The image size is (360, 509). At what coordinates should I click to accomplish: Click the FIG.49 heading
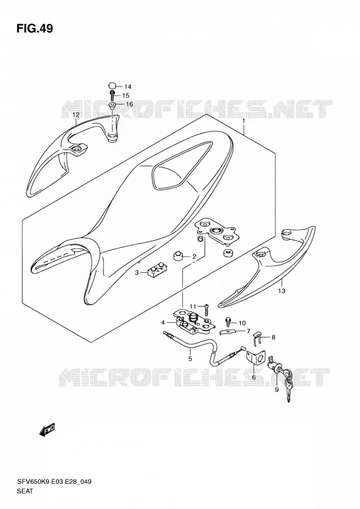(x=34, y=29)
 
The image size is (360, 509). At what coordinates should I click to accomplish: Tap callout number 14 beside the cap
(x=127, y=86)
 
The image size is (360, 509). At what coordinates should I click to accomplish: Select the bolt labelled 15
(x=112, y=95)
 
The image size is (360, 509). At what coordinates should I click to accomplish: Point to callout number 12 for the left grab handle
(x=76, y=115)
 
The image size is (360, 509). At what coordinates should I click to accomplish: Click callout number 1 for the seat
(x=243, y=122)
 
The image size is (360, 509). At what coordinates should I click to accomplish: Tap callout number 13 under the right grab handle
(x=281, y=291)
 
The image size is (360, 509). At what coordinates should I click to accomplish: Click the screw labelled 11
(x=206, y=309)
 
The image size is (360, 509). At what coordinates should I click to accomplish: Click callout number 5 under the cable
(x=190, y=358)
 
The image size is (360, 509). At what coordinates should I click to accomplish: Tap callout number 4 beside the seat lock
(x=163, y=323)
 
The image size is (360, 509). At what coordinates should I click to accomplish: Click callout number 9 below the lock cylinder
(x=277, y=390)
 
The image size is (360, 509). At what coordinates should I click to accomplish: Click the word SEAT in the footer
(x=25, y=491)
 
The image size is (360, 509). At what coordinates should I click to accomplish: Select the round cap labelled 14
(x=112, y=86)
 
